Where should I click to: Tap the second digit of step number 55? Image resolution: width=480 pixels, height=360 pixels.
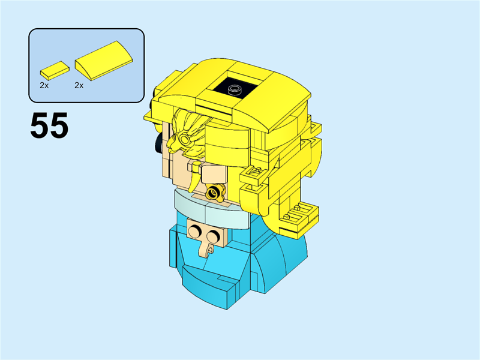(x=59, y=126)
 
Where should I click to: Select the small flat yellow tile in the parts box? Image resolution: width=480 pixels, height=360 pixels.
(x=53, y=69)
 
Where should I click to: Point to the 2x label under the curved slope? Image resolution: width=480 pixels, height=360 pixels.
(x=79, y=86)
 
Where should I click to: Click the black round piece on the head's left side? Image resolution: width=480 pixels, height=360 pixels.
(x=158, y=140)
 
